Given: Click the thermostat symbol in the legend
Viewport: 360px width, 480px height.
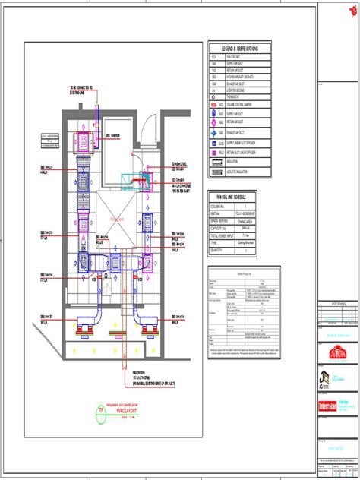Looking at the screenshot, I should click(x=215, y=96).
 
